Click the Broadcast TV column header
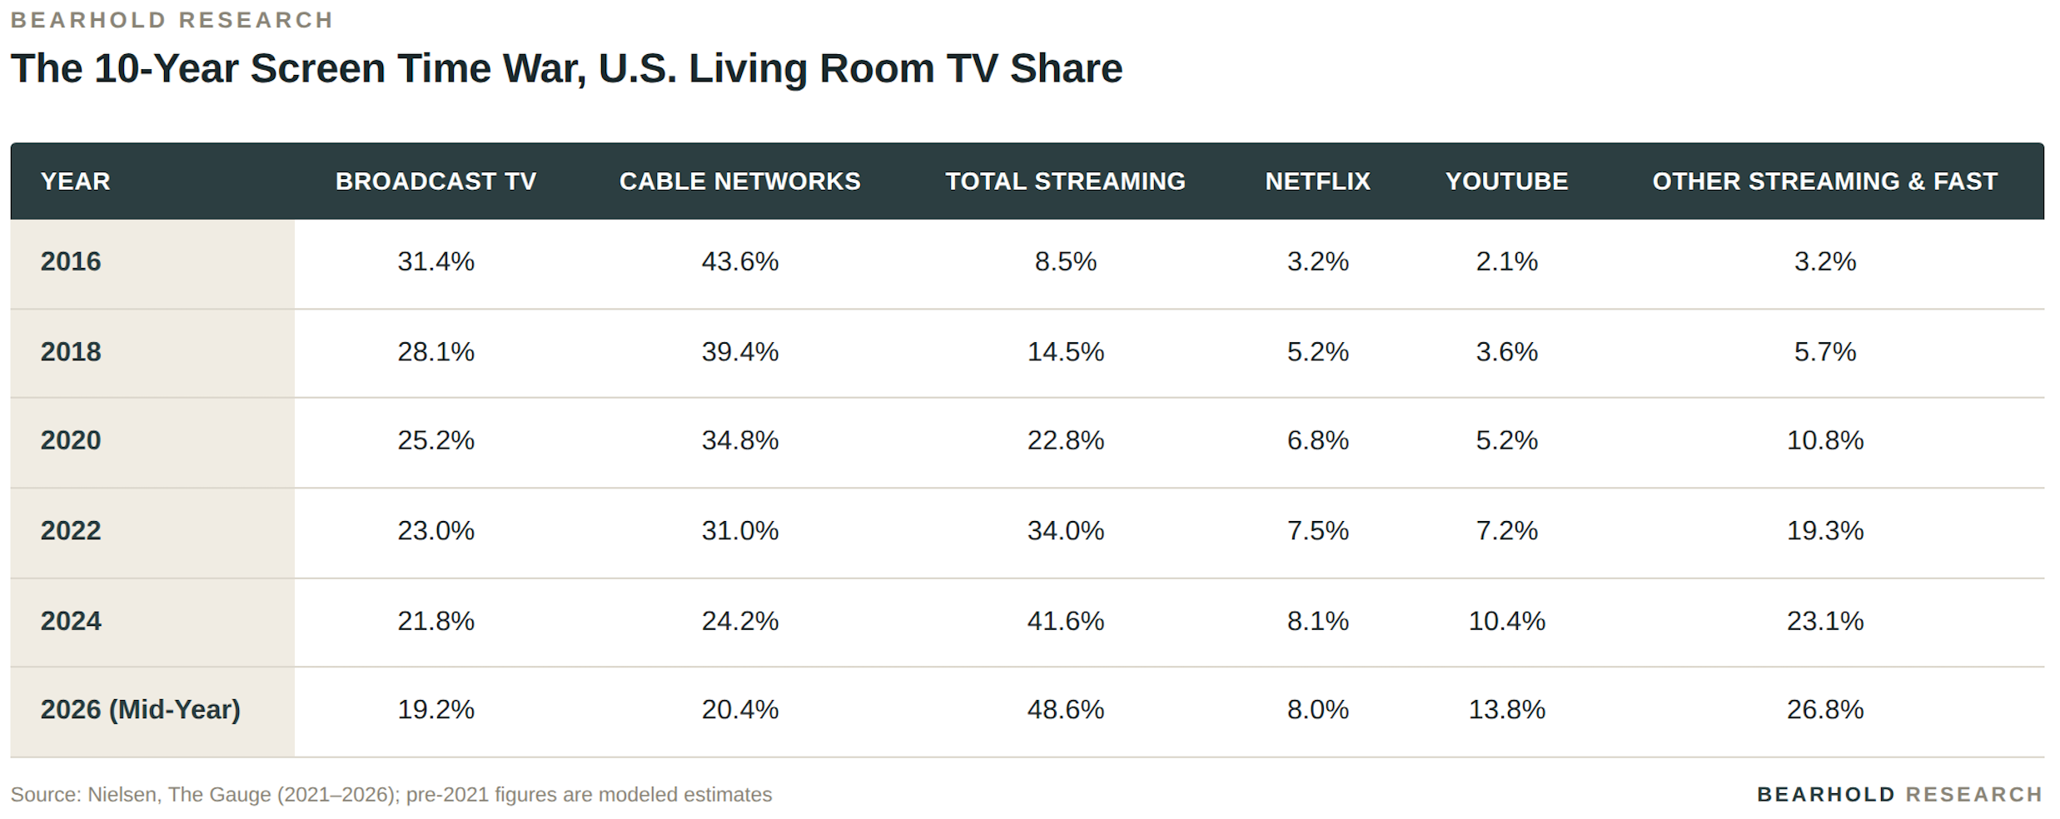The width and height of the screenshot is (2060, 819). (x=435, y=181)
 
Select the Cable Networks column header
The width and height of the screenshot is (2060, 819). (x=739, y=181)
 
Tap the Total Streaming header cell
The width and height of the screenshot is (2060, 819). (x=1065, y=181)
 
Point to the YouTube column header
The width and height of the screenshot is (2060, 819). (x=1506, y=181)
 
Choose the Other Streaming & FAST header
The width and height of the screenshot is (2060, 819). (x=1824, y=181)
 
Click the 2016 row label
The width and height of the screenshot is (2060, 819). (x=71, y=261)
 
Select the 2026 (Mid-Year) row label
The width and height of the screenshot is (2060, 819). (x=140, y=709)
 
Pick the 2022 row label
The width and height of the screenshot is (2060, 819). (x=71, y=530)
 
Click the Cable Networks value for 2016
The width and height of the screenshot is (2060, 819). (x=739, y=261)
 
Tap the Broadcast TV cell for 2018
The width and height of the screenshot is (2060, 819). (x=435, y=351)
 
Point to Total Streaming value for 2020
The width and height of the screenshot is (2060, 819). (x=1065, y=439)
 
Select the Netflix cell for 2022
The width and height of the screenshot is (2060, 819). (x=1317, y=530)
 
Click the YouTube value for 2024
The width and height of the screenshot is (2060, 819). (x=1506, y=621)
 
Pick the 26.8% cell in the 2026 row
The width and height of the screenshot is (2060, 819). (x=1824, y=709)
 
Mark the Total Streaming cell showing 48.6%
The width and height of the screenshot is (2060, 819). (x=1065, y=709)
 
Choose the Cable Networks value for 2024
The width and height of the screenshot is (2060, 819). (x=739, y=621)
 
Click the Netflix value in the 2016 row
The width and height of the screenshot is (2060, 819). (x=1317, y=261)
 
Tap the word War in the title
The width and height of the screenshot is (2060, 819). (x=545, y=69)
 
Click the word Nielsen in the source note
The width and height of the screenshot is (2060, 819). (x=122, y=795)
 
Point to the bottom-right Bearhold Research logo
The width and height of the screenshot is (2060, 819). (x=1899, y=795)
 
